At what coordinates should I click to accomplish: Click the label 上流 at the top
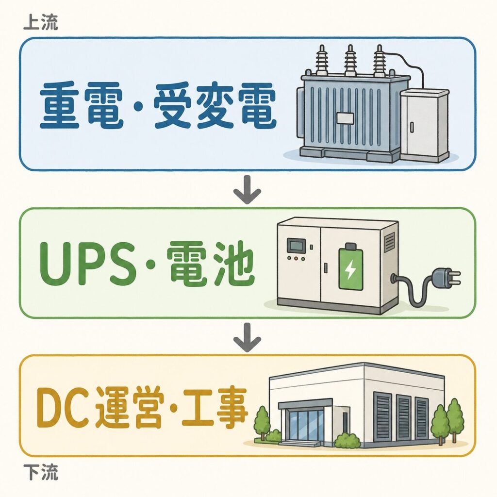click(x=41, y=23)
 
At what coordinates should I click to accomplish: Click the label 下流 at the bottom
click(x=41, y=472)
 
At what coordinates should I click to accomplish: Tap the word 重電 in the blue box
click(x=82, y=105)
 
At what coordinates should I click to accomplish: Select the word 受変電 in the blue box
click(x=215, y=105)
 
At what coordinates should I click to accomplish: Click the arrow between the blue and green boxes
click(x=247, y=190)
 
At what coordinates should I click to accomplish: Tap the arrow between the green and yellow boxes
click(x=247, y=337)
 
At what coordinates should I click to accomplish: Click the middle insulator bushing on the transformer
click(x=350, y=60)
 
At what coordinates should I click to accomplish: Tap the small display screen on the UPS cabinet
click(x=297, y=245)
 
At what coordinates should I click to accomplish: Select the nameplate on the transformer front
click(x=345, y=118)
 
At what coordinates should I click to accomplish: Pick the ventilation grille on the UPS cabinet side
click(x=390, y=242)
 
